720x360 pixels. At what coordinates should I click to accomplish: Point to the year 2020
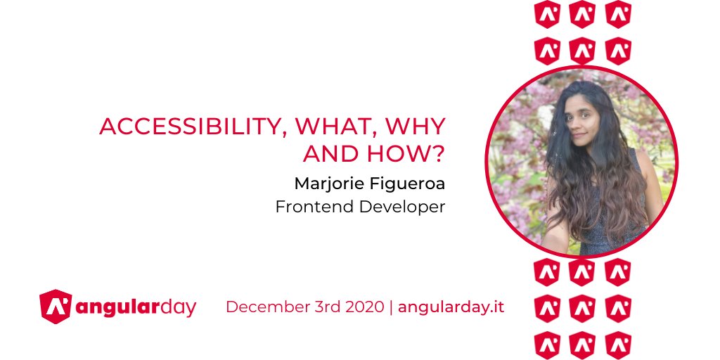click(364, 307)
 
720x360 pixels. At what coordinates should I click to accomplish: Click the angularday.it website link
click(451, 307)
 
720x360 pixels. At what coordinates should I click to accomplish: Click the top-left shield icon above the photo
click(546, 14)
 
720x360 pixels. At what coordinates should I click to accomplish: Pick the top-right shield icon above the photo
click(618, 14)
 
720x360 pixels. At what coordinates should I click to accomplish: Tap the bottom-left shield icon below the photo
click(546, 345)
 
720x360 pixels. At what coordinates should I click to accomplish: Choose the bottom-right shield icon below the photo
click(618, 345)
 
